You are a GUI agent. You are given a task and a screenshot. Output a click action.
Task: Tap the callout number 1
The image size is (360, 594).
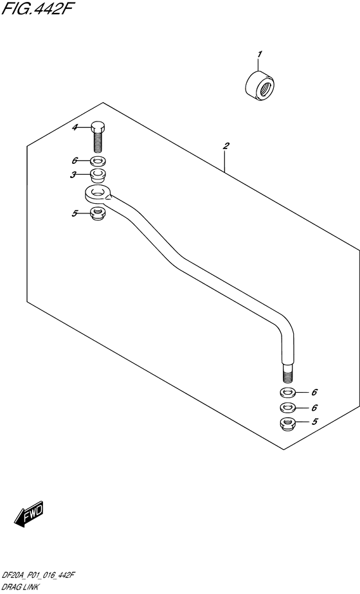pyautogui.click(x=259, y=55)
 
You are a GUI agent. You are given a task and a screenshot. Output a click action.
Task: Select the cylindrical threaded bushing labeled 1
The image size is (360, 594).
pyautogui.click(x=260, y=86)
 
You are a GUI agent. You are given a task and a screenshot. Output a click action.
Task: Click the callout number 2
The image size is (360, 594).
pyautogui.click(x=226, y=145)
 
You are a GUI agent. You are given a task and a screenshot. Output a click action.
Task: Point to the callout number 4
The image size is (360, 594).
pyautogui.click(x=75, y=128)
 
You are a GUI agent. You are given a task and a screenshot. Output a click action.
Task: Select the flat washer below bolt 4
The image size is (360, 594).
pyautogui.click(x=98, y=161)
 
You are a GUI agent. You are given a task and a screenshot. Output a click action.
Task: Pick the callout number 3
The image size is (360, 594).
pyautogui.click(x=75, y=175)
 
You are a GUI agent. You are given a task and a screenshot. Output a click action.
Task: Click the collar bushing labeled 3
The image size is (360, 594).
pyautogui.click(x=98, y=175)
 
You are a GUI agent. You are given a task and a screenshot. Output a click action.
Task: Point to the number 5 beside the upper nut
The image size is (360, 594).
pyautogui.click(x=75, y=213)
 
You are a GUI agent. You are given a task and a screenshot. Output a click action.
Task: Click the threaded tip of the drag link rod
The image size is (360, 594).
pyautogui.click(x=287, y=374)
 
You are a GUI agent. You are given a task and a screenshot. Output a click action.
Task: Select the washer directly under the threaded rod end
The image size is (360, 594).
pyautogui.click(x=288, y=392)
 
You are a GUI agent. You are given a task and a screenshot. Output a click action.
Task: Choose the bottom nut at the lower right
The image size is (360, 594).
pyautogui.click(x=288, y=423)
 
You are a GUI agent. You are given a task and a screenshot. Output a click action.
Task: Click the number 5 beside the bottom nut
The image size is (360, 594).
pyautogui.click(x=314, y=421)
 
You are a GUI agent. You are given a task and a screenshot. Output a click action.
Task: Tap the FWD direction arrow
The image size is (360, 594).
pyautogui.click(x=29, y=514)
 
